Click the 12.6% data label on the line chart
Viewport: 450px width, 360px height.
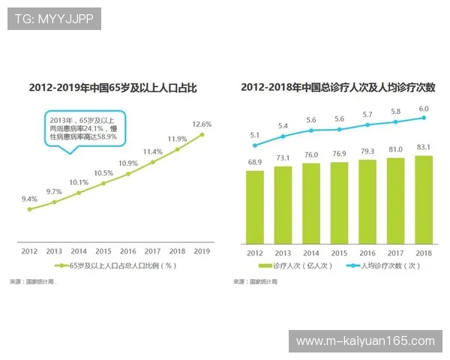pos(202,124)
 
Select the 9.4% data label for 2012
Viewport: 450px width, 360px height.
pos(29,199)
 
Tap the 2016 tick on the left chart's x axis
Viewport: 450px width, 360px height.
pos(127,251)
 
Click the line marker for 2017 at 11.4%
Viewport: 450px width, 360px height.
pos(152,162)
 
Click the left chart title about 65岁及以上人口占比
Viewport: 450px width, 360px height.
pos(112,88)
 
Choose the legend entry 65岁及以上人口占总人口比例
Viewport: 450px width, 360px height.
pos(119,265)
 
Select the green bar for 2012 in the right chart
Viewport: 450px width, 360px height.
pos(255,207)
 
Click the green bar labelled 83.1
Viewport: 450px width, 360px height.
pos(423,199)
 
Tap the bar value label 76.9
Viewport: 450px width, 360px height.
pos(339,154)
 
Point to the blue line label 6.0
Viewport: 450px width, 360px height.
pos(424,108)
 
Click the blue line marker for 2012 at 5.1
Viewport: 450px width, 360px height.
pos(255,145)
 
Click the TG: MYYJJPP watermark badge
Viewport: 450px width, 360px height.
pos(54,19)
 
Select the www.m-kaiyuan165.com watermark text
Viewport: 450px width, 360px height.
pos(365,341)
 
